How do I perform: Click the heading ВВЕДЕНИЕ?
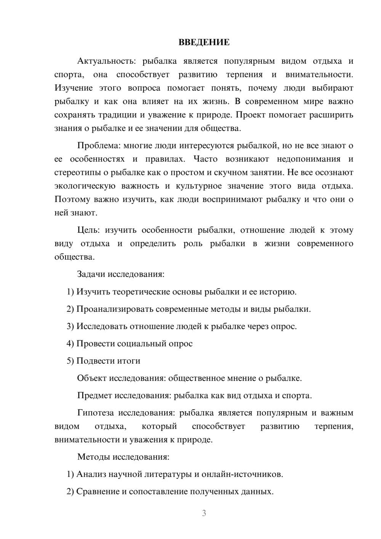coord(204,42)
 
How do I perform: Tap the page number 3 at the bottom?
coord(204,513)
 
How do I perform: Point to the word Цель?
coord(88,230)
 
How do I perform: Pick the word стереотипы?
coord(77,172)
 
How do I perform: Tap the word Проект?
coord(251,115)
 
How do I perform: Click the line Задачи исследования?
coord(121,274)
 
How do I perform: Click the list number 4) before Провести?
coord(70,343)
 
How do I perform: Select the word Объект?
coord(92,378)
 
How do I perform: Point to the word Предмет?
coord(94,395)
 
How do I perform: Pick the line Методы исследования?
coord(123,457)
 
